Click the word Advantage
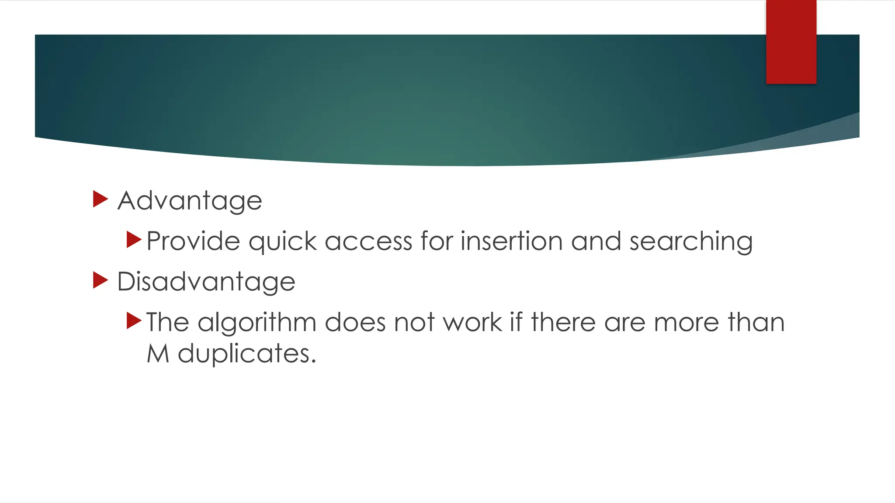190,201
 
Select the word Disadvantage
206,282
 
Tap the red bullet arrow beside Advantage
101,199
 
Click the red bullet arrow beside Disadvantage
101,280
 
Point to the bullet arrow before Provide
134,240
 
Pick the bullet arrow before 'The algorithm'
134,320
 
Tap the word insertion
511,241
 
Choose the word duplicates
246,353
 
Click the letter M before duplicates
158,353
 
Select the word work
472,322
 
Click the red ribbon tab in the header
791,42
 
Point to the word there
563,322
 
